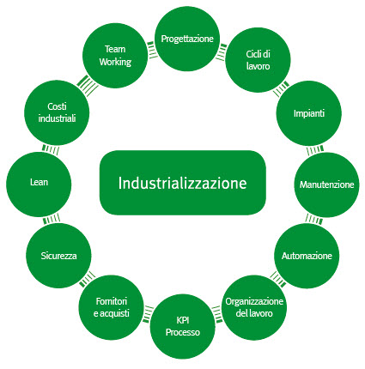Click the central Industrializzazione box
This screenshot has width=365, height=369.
(183, 183)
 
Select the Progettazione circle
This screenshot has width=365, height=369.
(187, 39)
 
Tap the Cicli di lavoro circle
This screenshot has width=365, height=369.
(258, 60)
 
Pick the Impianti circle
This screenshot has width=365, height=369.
(309, 113)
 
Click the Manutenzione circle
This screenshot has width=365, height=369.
(326, 184)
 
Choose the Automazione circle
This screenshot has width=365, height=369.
(307, 256)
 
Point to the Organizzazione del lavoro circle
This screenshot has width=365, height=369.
(254, 307)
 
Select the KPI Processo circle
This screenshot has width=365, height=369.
(183, 326)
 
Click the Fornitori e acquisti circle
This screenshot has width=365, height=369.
(112, 307)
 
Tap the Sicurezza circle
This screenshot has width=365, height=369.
(58, 256)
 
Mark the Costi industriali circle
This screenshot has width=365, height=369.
(57, 112)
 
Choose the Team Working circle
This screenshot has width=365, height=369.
(115, 56)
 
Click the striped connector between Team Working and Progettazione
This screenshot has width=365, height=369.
(152, 50)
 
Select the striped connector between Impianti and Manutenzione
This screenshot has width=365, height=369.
(315, 150)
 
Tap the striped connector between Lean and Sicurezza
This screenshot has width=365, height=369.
(52, 219)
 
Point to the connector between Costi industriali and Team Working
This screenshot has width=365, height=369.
(88, 85)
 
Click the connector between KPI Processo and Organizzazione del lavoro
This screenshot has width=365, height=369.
(217, 314)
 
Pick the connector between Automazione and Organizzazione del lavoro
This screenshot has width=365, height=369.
(278, 279)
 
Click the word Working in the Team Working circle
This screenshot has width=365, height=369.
(115, 62)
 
